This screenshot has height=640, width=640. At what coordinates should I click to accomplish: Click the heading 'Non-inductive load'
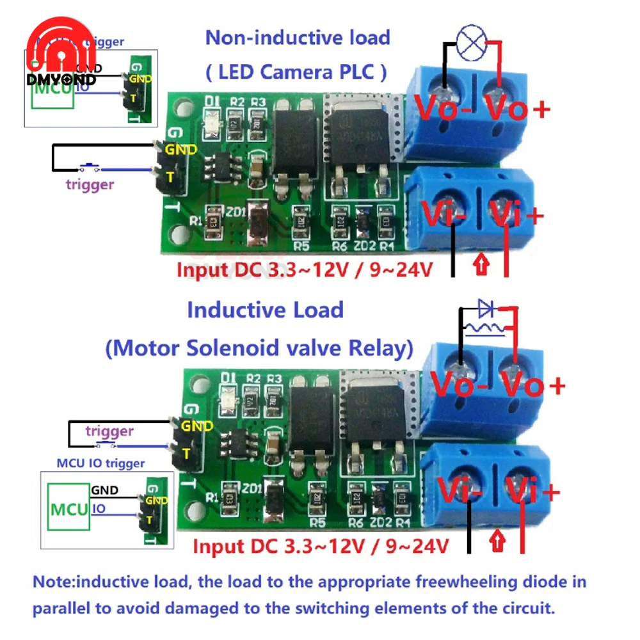[298, 37]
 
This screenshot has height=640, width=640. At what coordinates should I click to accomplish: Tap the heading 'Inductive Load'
[265, 310]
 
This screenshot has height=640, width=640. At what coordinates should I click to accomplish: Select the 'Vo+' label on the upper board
[517, 109]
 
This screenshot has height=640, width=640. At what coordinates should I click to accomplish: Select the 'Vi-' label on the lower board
[458, 493]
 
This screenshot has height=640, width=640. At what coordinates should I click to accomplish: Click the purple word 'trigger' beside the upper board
[90, 185]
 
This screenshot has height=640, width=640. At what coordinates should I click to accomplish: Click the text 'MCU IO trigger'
[100, 463]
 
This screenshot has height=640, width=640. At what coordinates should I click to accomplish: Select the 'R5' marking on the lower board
[312, 522]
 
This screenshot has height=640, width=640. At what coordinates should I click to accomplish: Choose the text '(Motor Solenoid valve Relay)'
[259, 348]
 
